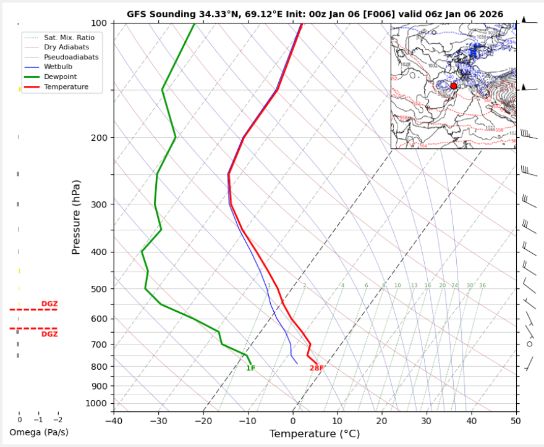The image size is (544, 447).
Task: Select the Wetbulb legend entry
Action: [58, 67]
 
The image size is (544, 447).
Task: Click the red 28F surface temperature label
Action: [317, 369]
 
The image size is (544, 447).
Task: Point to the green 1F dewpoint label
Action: [250, 369]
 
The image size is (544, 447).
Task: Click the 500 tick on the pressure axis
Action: [99, 289]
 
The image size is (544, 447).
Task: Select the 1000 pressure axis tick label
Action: [96, 404]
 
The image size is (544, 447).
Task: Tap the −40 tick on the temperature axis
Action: [114, 421]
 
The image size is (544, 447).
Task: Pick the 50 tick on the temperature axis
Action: [516, 421]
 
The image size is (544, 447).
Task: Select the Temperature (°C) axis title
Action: [315, 434]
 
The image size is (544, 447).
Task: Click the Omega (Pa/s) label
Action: [39, 432]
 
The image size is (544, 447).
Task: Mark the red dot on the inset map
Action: [454, 86]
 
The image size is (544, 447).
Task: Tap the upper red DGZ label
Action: [49, 304]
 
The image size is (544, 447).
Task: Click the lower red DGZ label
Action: [49, 334]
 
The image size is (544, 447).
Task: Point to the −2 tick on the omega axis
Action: [57, 420]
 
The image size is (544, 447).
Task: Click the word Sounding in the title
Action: [169, 14]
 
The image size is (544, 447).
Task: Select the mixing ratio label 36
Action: [482, 286]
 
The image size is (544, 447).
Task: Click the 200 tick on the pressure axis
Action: [99, 138]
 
